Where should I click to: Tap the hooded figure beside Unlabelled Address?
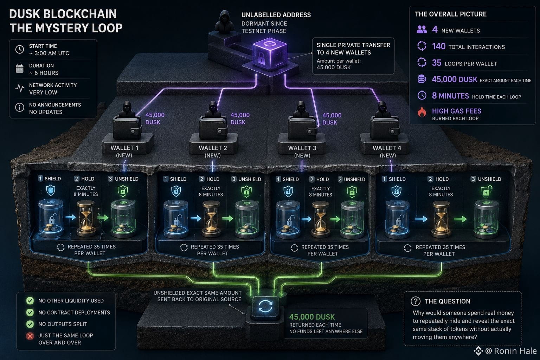click(x=224, y=22)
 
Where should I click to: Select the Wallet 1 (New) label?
click(x=124, y=152)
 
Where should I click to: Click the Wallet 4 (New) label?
click(x=387, y=152)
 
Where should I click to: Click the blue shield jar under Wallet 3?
click(x=288, y=219)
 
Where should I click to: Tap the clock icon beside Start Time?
click(x=20, y=49)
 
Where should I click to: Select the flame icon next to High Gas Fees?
click(x=422, y=112)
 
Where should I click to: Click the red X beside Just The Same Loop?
click(x=30, y=336)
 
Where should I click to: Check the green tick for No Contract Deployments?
click(x=30, y=313)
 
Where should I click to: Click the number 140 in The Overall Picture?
click(x=438, y=46)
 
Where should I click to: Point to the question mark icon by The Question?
click(x=416, y=301)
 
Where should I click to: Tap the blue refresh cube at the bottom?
click(x=265, y=307)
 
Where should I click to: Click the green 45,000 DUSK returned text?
click(x=312, y=317)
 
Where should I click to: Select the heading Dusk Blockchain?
click(x=63, y=14)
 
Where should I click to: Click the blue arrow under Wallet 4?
click(x=421, y=219)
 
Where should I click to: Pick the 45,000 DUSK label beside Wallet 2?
click(x=240, y=118)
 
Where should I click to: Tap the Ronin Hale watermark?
click(x=506, y=351)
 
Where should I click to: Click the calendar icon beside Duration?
click(x=20, y=69)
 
